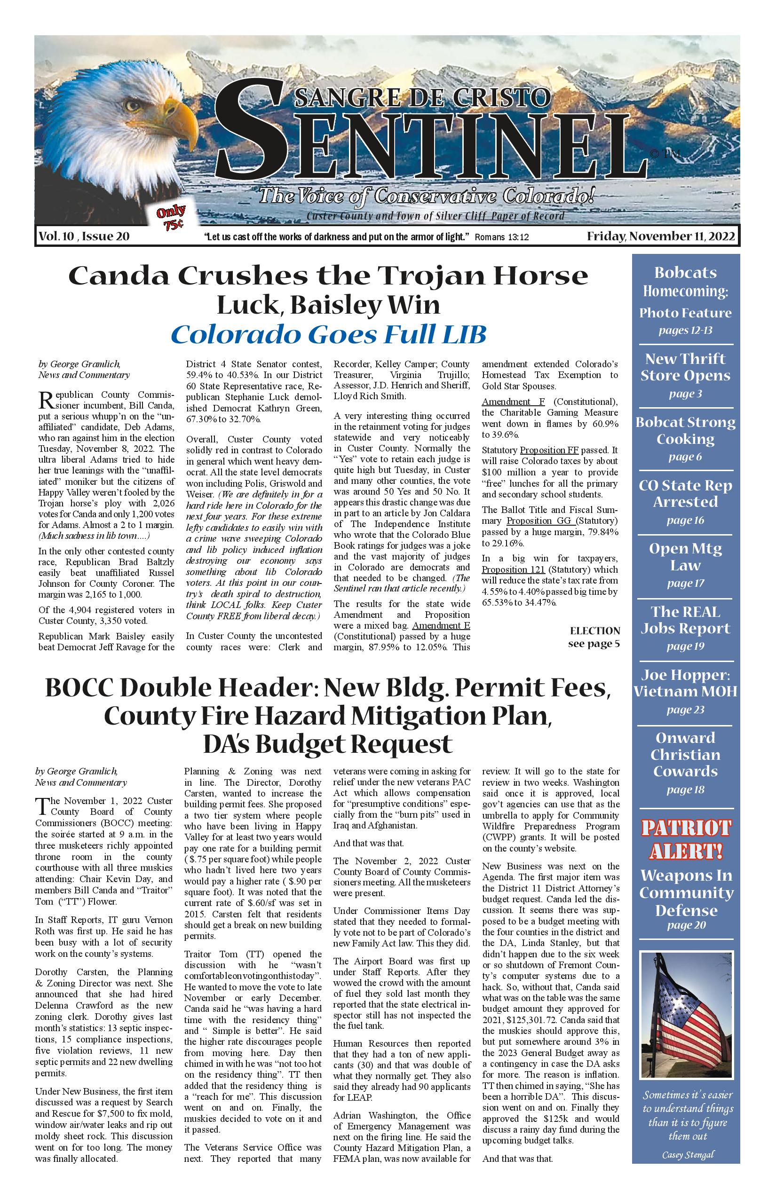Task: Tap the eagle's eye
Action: [x=134, y=105]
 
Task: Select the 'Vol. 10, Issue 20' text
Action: [x=84, y=236]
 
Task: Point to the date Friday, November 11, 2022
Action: [x=661, y=236]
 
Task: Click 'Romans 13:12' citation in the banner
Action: [x=502, y=237]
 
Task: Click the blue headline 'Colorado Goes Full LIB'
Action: [x=329, y=334]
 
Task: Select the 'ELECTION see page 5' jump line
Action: [x=594, y=637]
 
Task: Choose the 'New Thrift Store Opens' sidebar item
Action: [x=685, y=367]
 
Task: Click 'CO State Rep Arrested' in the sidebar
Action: [x=685, y=494]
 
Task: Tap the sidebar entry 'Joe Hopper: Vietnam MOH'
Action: [x=685, y=683]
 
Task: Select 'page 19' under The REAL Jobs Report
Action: [x=685, y=647]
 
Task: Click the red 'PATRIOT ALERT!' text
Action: [x=686, y=840]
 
